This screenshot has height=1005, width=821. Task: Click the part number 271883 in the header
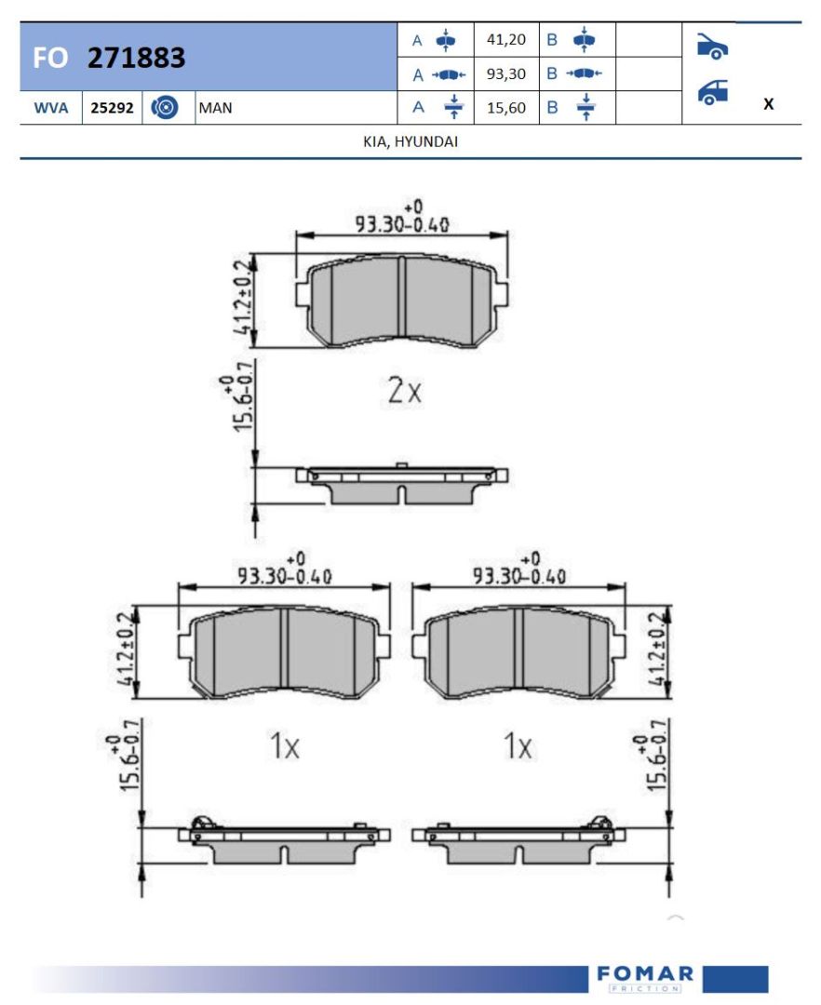136,58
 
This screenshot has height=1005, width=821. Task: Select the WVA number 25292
112,108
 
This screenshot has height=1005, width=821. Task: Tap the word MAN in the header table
215,108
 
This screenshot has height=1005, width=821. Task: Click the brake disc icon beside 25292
165,108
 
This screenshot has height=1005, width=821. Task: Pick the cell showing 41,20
506,40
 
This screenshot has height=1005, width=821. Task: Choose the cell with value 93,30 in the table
506,74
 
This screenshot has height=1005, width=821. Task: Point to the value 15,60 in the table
506,108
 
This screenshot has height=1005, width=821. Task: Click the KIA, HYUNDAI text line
410,141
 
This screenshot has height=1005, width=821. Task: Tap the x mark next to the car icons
769,104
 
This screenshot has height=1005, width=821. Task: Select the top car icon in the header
712,47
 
